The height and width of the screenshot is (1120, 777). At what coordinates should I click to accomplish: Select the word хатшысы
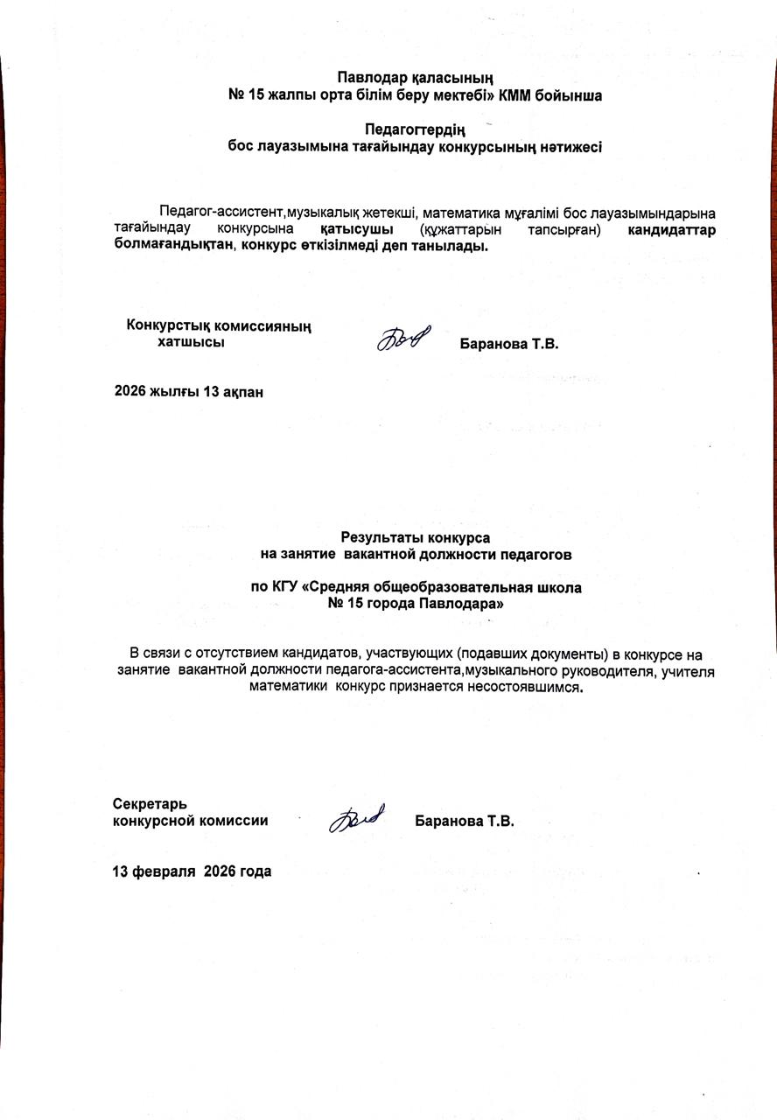190,342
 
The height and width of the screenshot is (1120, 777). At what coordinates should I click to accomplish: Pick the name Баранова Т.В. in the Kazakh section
509,344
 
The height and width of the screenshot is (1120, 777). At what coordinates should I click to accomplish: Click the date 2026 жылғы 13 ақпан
189,391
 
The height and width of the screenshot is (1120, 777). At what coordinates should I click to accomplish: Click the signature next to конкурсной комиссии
355,819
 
